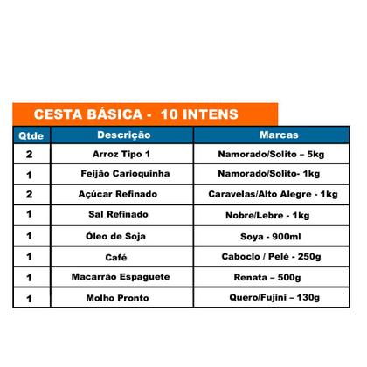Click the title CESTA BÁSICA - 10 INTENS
click(128, 114)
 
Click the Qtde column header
click(30, 136)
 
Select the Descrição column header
click(123, 135)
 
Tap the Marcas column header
click(280, 135)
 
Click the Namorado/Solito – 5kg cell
click(280, 153)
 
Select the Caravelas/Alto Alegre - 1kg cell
click(280, 194)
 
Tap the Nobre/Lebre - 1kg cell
click(280, 215)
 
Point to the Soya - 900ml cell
click(280, 236)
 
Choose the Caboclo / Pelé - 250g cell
click(280, 257)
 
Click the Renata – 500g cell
click(280, 278)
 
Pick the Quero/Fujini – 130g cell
click(280, 299)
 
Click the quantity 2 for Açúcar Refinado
click(30, 193)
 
